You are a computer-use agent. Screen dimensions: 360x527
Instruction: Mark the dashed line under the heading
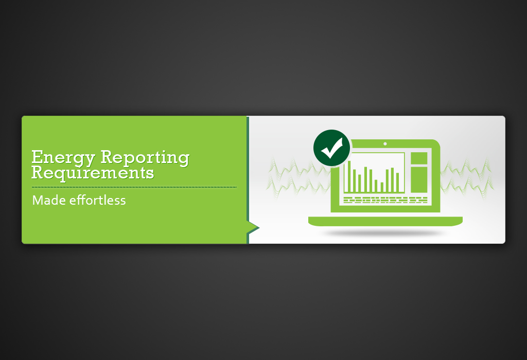[x=134, y=187]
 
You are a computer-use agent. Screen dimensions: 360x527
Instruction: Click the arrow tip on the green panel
[x=256, y=227]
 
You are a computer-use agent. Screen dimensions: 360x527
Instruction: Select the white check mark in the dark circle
[x=331, y=149]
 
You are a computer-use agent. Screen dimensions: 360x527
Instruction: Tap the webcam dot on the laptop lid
[x=385, y=144]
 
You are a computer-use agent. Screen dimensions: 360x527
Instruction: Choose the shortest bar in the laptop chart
[x=382, y=186]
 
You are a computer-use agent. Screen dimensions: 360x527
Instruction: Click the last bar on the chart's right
[x=397, y=182]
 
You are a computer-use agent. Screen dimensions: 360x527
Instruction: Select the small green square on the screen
[x=419, y=158]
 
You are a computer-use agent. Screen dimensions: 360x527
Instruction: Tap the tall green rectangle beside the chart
[x=419, y=178]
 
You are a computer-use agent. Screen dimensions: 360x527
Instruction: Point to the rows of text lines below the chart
[x=385, y=200]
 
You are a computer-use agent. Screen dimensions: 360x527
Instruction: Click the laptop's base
[x=385, y=222]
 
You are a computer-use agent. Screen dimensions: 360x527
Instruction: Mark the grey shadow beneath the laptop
[x=385, y=233]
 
